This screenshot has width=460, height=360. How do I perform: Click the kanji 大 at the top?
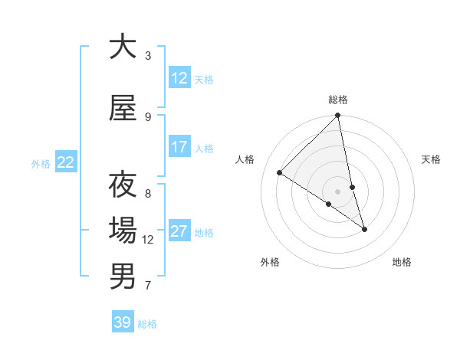click(123, 47)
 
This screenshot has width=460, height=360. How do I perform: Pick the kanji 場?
click(123, 231)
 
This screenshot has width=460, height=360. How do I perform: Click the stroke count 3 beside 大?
click(148, 56)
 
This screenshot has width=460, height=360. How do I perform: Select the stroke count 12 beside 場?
click(148, 240)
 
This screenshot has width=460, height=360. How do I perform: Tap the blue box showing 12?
click(179, 77)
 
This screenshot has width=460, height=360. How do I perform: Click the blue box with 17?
click(179, 146)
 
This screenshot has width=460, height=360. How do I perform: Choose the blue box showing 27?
click(179, 231)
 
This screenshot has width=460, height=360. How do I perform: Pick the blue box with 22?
click(66, 162)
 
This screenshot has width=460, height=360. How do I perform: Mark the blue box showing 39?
click(122, 322)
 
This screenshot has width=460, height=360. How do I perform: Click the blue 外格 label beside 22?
click(41, 163)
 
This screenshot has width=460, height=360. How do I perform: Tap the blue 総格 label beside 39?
click(147, 324)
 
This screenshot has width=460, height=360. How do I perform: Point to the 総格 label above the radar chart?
click(338, 100)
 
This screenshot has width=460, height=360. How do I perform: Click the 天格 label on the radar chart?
click(431, 159)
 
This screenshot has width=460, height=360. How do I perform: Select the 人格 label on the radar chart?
click(245, 159)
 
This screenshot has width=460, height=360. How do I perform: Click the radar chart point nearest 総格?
click(338, 116)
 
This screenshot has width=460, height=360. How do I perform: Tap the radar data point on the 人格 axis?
click(279, 173)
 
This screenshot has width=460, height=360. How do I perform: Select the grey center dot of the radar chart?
click(337, 191)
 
